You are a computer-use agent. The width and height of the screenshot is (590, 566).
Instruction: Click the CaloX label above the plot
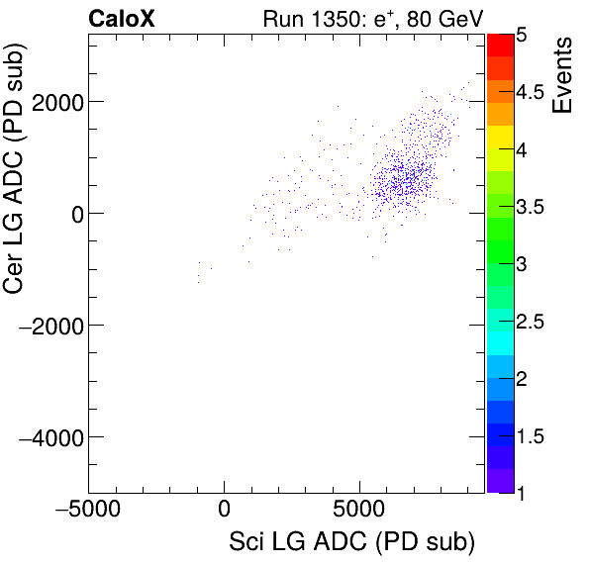(x=122, y=18)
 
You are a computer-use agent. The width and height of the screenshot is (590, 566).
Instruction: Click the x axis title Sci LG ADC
(x=351, y=543)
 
